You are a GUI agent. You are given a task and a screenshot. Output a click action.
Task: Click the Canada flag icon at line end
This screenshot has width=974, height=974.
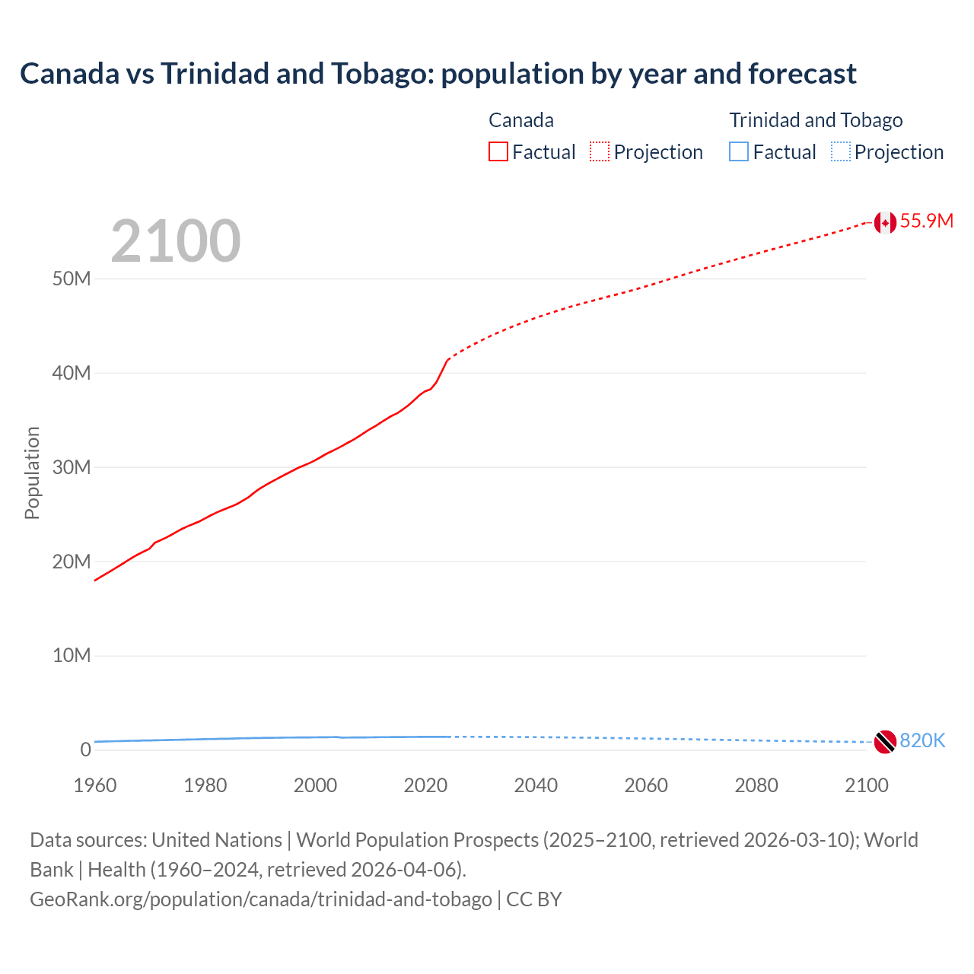tap(884, 222)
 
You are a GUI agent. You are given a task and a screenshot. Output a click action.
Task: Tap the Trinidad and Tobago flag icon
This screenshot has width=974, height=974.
tap(884, 741)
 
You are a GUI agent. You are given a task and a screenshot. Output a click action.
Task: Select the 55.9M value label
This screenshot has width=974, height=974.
tap(926, 221)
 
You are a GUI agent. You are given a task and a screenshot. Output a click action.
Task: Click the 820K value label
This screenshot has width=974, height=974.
tap(922, 740)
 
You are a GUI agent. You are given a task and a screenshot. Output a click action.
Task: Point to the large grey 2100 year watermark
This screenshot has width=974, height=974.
tap(176, 241)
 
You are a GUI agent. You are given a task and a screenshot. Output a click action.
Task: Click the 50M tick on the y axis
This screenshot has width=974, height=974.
tap(72, 279)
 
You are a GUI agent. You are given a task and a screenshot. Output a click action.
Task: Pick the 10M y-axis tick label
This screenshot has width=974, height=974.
tap(72, 655)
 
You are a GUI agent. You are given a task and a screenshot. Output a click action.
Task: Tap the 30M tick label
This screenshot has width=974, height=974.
tap(72, 467)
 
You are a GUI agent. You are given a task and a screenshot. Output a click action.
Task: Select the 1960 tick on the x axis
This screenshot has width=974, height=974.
tap(95, 785)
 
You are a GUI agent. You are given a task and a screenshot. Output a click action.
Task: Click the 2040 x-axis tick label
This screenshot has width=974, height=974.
tap(536, 785)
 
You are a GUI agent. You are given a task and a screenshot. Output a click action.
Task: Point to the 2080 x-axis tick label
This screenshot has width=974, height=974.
tap(756, 785)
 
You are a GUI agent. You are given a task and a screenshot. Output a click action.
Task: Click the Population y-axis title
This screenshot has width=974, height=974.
tap(32, 473)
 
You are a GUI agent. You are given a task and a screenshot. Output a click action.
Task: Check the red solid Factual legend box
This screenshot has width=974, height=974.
tap(498, 152)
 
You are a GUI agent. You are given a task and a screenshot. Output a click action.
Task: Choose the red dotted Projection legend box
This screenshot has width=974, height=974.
tap(600, 152)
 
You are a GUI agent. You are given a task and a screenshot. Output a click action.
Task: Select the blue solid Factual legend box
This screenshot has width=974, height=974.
tap(739, 152)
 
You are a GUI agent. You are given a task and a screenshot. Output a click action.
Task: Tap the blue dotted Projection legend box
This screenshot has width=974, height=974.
tap(841, 152)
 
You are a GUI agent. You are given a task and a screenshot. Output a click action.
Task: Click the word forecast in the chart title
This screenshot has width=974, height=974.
tap(802, 74)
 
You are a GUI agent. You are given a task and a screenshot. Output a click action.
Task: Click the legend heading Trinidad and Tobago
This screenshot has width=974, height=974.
tap(816, 120)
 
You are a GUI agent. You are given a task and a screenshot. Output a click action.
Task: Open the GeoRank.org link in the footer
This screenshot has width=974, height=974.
tap(260, 899)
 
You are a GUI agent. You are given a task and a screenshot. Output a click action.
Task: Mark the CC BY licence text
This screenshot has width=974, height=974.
tap(534, 899)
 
